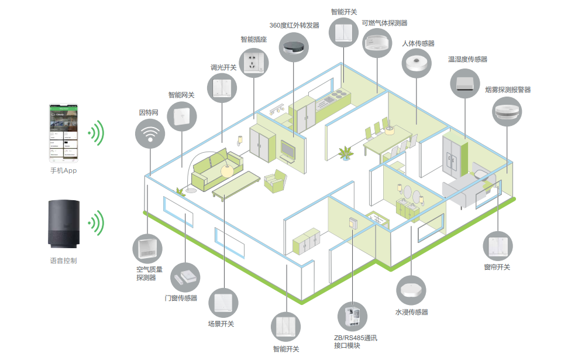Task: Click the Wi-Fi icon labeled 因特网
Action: (x=150, y=133)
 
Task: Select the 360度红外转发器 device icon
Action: (x=294, y=46)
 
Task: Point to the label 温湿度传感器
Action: (x=467, y=59)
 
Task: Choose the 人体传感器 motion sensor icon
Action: (x=418, y=64)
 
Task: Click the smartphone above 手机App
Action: (x=63, y=134)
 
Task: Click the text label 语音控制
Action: (x=63, y=260)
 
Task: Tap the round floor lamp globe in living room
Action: (x=226, y=170)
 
